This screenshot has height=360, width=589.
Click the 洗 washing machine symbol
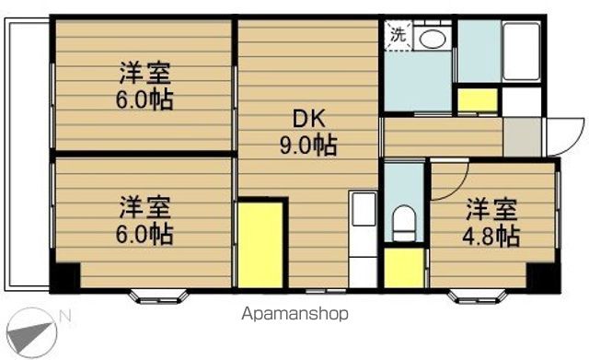(x=398, y=35)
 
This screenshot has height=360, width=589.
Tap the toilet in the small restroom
(x=402, y=221)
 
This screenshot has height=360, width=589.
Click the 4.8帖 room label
(x=492, y=222)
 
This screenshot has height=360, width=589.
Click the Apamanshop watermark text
(x=294, y=314)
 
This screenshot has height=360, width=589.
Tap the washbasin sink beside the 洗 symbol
(x=430, y=38)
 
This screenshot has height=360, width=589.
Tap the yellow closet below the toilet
(x=402, y=268)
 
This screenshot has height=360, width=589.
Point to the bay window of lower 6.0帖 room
(x=158, y=296)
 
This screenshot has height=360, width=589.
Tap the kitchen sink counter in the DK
(x=364, y=238)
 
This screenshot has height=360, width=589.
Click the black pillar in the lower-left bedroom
(x=65, y=276)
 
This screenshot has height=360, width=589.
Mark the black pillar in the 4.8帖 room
(x=543, y=275)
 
